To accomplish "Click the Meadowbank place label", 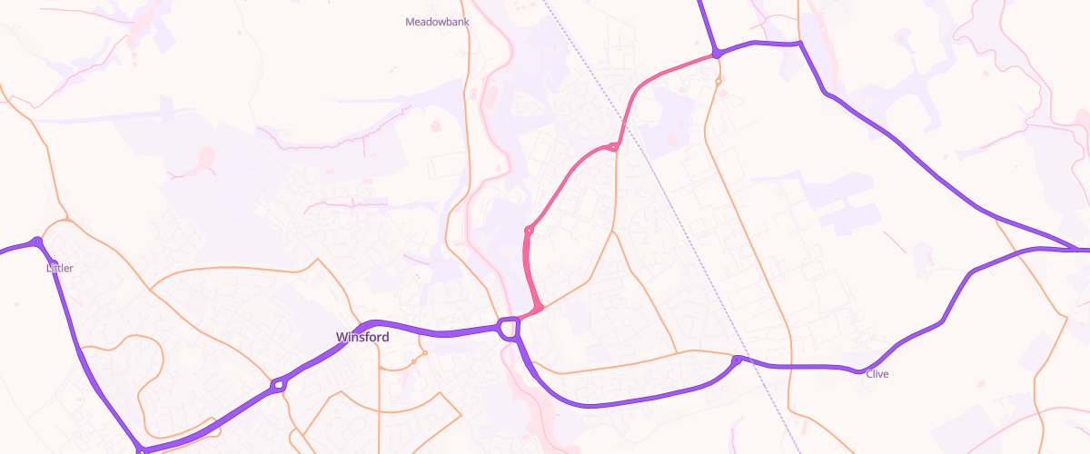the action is (437, 21).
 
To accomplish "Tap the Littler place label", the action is (60, 268).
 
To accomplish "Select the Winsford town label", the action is (362, 337).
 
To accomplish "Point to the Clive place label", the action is (877, 374).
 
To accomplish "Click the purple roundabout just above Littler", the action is (36, 242).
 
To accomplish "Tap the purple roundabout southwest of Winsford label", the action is (278, 387).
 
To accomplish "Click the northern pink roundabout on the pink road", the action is (613, 147).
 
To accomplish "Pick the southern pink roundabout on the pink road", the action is (529, 231).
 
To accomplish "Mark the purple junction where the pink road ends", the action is (717, 54).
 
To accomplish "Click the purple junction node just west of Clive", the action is (737, 361).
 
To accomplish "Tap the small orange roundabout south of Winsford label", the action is (413, 362).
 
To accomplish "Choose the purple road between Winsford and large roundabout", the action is (436, 331).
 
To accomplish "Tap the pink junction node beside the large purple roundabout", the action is (539, 309).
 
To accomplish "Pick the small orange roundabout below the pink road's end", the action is (718, 81).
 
